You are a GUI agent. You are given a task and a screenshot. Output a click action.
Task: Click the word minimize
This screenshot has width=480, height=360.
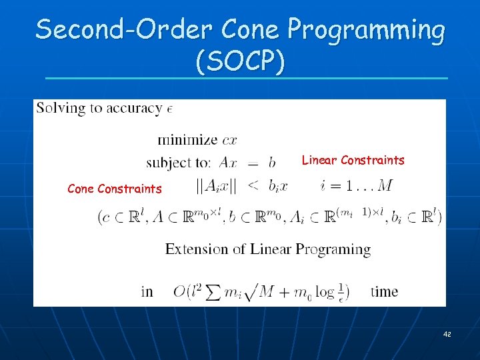pyautogui.click(x=187, y=140)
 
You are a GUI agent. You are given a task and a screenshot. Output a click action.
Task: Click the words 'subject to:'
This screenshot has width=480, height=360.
pyautogui.click(x=178, y=163)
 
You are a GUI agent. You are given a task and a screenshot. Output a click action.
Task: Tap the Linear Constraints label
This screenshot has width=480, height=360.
pyautogui.click(x=353, y=160)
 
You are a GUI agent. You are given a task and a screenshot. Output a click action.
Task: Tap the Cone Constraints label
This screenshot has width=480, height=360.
pyautogui.click(x=115, y=189)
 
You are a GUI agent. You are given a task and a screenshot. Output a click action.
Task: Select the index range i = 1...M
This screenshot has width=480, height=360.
pyautogui.click(x=356, y=185)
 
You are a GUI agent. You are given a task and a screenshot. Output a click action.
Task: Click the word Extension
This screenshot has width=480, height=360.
pyautogui.click(x=194, y=249)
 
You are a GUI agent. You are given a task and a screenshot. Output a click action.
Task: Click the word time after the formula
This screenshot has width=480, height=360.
pyautogui.click(x=384, y=291)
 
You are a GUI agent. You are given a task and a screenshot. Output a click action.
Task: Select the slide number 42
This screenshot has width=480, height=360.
pyautogui.click(x=447, y=333)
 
